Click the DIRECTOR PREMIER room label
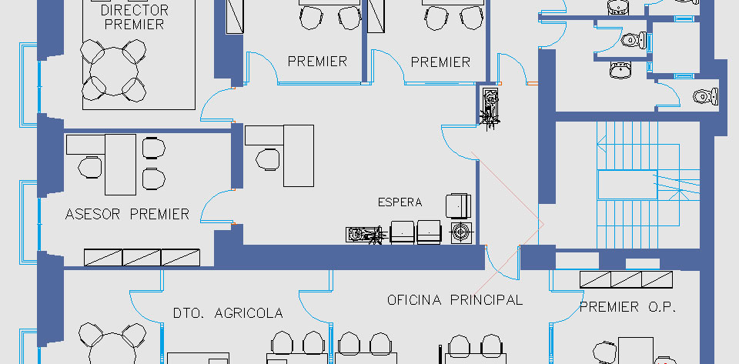tap(134, 17)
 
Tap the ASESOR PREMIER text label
tap(127, 215)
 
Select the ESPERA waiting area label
tap(400, 202)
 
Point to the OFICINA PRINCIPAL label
tap(455, 300)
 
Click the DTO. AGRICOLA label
tap(228, 313)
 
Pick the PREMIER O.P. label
tap(628, 308)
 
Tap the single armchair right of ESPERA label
tap(458, 206)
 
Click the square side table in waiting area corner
tap(461, 232)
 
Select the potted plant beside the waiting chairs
tap(364, 235)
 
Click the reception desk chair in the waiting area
tap(268, 159)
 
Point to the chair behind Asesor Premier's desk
tap(90, 167)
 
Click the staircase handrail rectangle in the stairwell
tap(627, 185)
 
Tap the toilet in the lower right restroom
tap(706, 96)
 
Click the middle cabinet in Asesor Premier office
tap(142, 258)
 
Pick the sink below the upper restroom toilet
tap(620, 70)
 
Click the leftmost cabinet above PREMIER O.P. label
tap(595, 279)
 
